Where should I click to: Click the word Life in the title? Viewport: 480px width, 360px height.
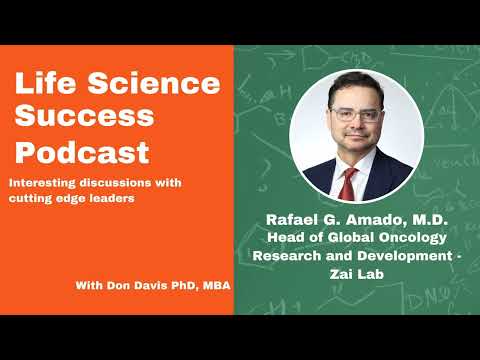coord(43,84)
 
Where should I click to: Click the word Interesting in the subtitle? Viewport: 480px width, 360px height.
coord(45,184)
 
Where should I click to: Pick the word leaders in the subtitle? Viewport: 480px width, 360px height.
coord(117,199)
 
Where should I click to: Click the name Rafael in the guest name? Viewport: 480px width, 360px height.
coord(295,219)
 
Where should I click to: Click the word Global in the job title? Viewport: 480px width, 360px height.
coord(343,237)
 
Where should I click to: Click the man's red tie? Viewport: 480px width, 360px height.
coord(349,183)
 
